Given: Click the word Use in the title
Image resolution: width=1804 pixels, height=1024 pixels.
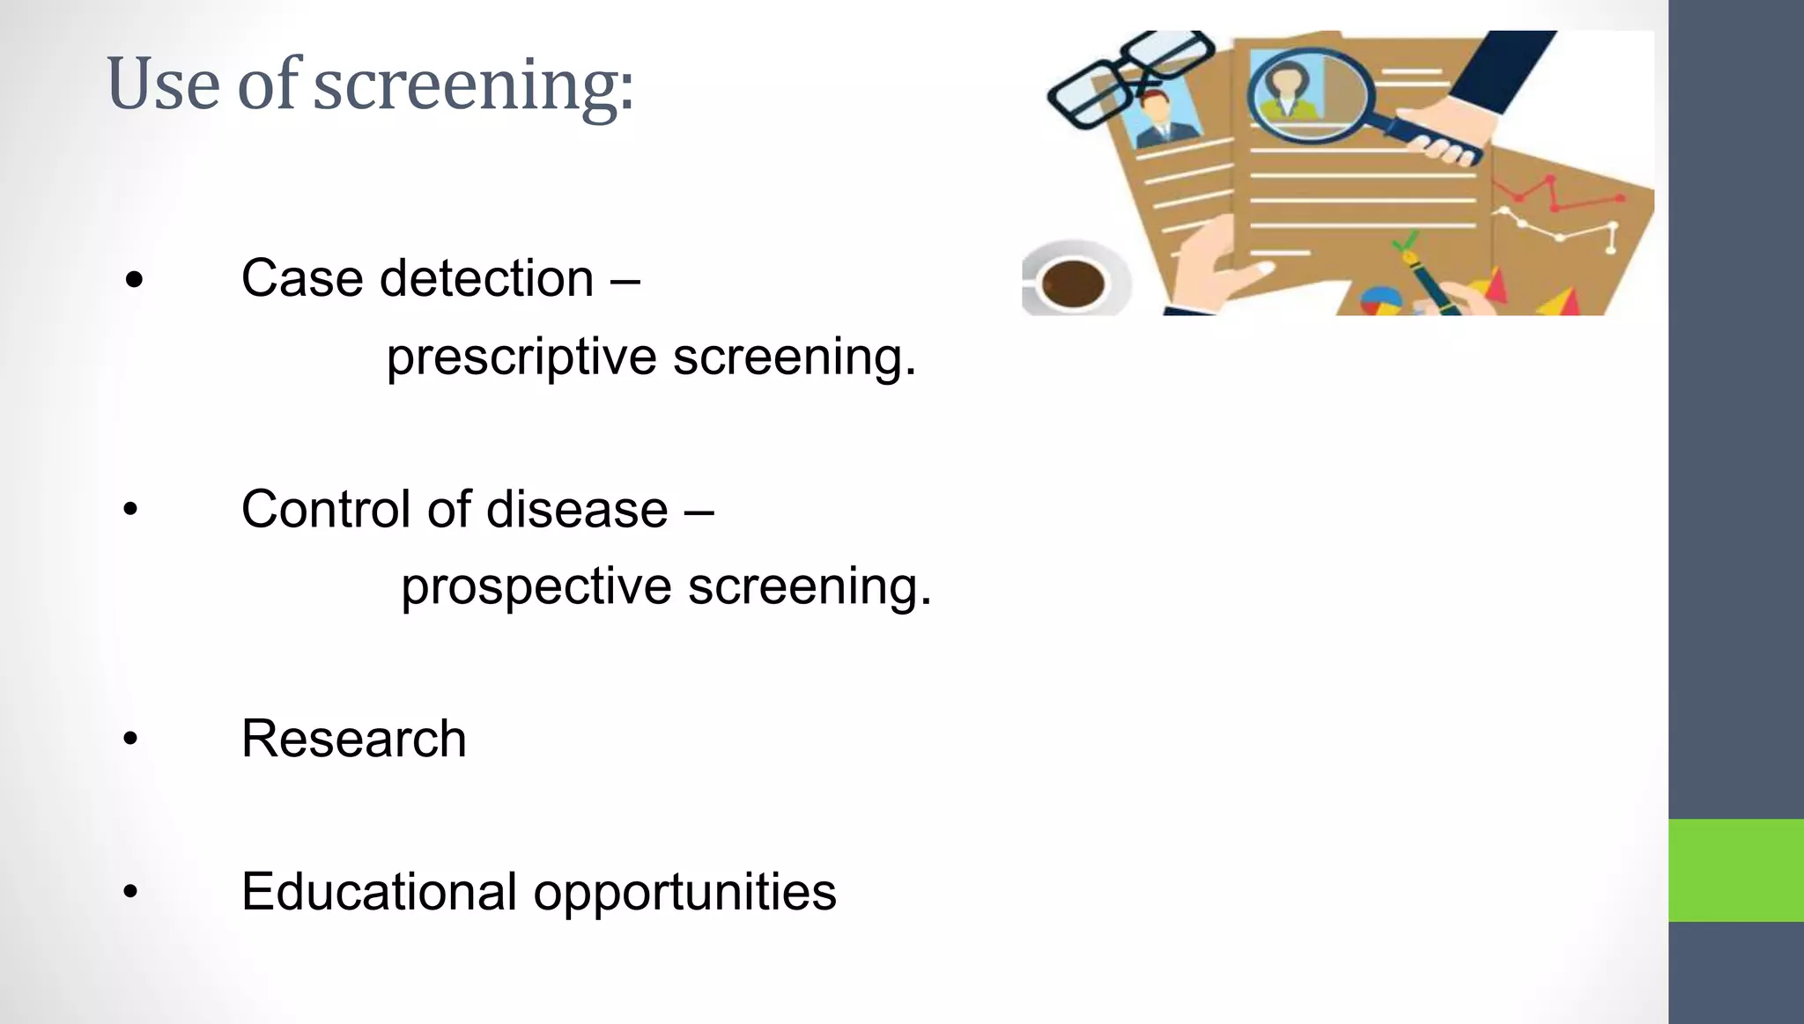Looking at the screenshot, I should coord(163,85).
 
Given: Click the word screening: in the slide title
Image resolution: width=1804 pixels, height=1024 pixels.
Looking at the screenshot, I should coord(474,86).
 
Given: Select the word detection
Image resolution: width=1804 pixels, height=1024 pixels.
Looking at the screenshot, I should coord(487,279).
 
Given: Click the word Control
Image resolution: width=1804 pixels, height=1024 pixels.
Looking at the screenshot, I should coord(326,509).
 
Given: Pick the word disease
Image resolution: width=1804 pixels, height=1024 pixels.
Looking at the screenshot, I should coord(577,509).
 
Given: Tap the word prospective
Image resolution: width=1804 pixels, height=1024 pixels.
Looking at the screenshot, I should coord(536,586).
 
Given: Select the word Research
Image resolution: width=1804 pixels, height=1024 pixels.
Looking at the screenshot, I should coord(353,738).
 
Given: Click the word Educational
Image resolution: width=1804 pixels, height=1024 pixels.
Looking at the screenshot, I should coord(379,891).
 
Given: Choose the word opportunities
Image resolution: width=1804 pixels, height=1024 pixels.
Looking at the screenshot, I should coord(684,893).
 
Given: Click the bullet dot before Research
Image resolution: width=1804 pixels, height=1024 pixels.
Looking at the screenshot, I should coord(130,739).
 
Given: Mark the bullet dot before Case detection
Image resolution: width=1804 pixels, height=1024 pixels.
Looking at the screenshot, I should coord(134,281).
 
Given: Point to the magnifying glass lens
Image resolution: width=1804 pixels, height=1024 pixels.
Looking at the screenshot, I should coord(1309,95).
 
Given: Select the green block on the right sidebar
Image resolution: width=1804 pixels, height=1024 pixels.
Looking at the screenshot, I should coord(1735,870).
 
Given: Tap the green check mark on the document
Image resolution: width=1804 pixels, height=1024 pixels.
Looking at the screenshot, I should coord(1406,240).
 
